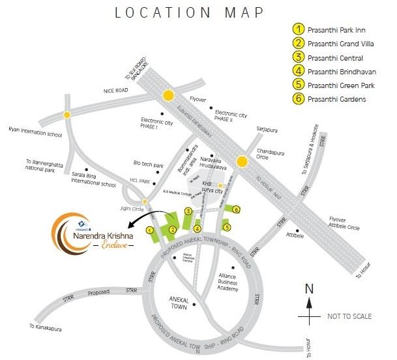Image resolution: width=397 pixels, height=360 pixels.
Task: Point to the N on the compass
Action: pos(310,289)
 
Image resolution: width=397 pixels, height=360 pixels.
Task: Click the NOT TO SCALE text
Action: pos(349,316)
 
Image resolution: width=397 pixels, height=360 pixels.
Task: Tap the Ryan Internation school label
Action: pos(34,130)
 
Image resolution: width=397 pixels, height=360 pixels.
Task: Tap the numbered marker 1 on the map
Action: pos(150,230)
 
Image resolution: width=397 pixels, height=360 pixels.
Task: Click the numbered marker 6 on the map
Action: pos(237,209)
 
